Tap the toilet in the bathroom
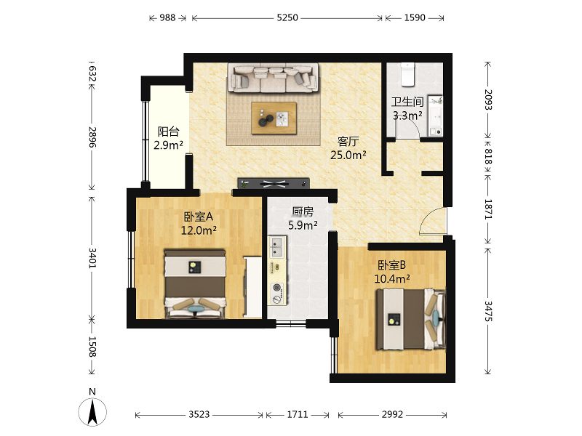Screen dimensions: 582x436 tap(407, 74)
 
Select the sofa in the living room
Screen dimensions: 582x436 tap(274, 78)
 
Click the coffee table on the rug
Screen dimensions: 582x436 tap(274, 118)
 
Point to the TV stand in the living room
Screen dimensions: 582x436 tap(274, 183)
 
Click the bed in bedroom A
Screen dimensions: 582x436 tap(195, 284)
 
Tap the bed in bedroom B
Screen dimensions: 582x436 tap(411, 319)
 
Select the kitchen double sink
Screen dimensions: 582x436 tap(276, 247)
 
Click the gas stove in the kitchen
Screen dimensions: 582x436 tap(277, 294)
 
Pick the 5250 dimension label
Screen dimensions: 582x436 tap(287, 17)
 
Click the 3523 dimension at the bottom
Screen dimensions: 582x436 tap(199, 414)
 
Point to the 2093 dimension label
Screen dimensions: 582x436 tap(488, 100)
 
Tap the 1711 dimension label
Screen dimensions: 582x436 tap(298, 414)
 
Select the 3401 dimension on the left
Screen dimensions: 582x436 tap(92, 258)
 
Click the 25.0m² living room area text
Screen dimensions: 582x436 tap(348, 155)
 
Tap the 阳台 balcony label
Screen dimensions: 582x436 tap(169, 132)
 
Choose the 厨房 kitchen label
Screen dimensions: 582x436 tap(303, 211)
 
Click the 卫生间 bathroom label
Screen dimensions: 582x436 tap(407, 102)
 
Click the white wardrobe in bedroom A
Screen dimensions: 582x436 tap(252, 286)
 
